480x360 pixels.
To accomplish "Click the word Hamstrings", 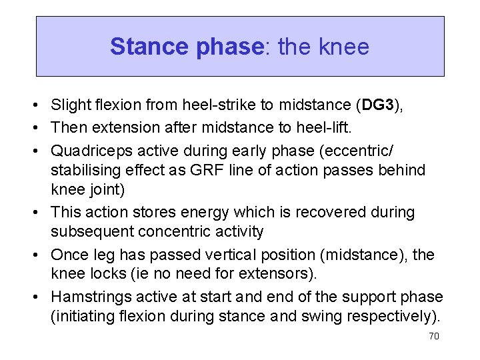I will coord(93,297).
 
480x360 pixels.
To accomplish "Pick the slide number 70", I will coord(433,336).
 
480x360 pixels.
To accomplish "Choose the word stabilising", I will coord(81,169).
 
